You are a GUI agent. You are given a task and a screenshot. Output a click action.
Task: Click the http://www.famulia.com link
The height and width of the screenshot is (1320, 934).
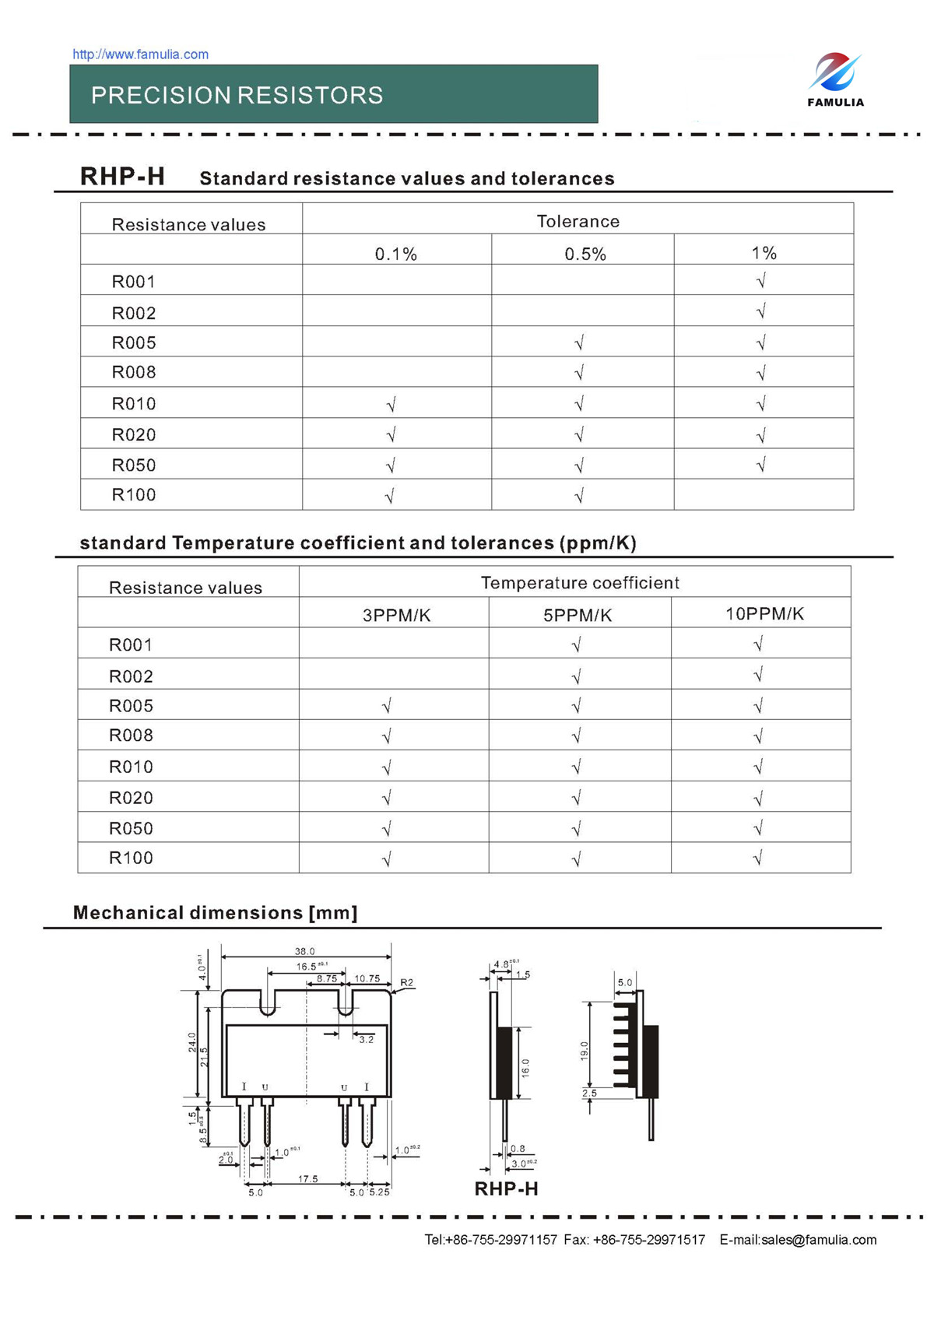click(x=140, y=54)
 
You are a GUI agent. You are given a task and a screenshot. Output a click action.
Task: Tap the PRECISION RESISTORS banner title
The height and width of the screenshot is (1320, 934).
click(x=237, y=95)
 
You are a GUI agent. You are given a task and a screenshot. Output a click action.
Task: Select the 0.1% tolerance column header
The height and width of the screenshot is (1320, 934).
click(x=395, y=254)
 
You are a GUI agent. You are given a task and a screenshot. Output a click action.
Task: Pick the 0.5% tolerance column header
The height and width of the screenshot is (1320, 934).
click(x=585, y=254)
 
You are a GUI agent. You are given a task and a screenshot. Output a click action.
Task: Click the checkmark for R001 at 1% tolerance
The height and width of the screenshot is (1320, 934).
click(x=761, y=280)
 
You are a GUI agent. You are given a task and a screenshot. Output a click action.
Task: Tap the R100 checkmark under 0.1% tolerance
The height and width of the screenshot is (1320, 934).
click(x=390, y=495)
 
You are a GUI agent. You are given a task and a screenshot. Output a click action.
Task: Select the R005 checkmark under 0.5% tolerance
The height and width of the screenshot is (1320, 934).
click(x=579, y=342)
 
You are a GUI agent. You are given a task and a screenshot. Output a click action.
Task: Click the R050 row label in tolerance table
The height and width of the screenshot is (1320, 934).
click(x=134, y=465)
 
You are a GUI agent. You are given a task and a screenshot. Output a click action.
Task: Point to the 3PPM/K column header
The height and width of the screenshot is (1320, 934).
click(x=396, y=616)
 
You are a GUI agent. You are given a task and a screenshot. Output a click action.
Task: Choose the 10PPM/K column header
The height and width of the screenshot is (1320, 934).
click(x=764, y=614)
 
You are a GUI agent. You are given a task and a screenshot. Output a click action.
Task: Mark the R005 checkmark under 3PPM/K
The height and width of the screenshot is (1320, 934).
click(x=387, y=706)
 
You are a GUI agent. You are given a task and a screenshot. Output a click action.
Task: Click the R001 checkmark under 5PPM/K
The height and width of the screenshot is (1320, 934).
click(x=577, y=644)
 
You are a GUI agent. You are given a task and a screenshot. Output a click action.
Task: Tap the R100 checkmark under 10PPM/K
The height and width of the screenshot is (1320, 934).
click(x=758, y=858)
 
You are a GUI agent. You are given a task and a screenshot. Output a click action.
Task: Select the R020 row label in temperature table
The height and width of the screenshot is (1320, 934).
click(x=131, y=798)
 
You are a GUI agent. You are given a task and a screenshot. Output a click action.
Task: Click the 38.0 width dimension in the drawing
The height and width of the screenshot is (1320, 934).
click(x=304, y=951)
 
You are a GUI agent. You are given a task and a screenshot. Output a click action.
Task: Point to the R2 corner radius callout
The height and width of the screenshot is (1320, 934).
click(x=406, y=983)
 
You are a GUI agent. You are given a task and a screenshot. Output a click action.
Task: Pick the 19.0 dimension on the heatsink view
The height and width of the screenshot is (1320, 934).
click(x=585, y=1051)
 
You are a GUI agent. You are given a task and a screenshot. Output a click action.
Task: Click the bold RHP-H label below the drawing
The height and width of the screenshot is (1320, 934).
click(x=506, y=1188)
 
